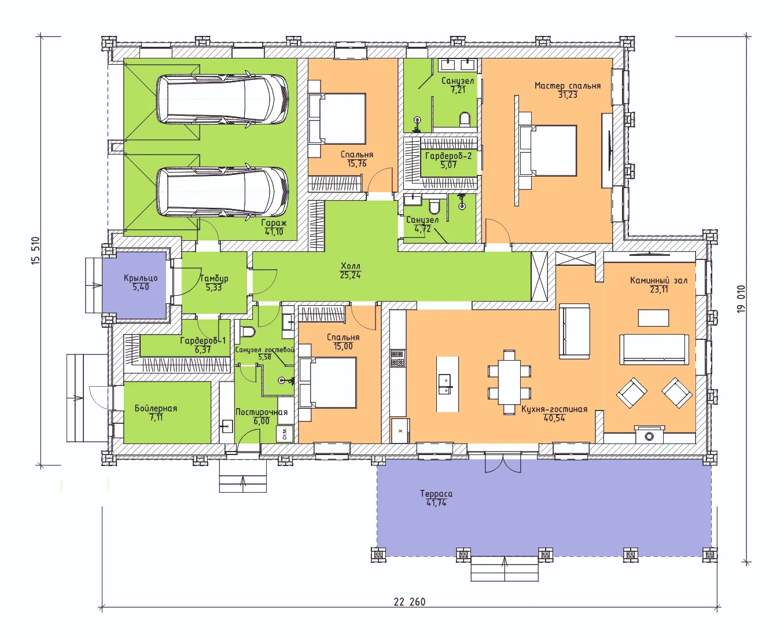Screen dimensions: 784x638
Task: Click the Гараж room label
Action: [274, 223]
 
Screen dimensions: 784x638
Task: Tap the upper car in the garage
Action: [222, 100]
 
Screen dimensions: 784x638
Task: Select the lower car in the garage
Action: [222, 192]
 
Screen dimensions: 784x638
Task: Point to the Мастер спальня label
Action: [567, 86]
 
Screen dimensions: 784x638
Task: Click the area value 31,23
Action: [568, 95]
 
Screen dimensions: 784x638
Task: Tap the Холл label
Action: [351, 266]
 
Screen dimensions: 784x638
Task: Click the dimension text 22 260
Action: [409, 602]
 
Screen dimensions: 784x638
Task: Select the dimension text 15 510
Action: [35, 251]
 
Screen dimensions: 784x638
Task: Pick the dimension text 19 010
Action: [741, 299]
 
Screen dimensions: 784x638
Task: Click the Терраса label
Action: [436, 494]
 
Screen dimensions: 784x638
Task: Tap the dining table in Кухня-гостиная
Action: [509, 382]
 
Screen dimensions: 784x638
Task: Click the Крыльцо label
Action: [141, 278]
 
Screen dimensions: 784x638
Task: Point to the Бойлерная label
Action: [156, 408]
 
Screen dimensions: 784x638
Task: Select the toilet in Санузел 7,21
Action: [465, 120]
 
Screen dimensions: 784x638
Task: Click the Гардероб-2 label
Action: [448, 156]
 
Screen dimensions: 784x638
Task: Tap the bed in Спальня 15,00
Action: [327, 382]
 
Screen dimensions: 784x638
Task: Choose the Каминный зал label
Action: [658, 280]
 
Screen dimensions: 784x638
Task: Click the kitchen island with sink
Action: [447, 384]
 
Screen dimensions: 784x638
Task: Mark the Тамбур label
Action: [214, 278]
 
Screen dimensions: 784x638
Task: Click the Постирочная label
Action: [262, 412]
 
